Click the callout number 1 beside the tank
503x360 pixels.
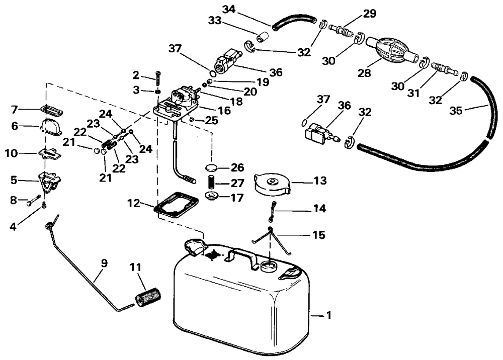pyautogui.click(x=328, y=316)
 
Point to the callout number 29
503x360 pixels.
pyautogui.click(x=370, y=14)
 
